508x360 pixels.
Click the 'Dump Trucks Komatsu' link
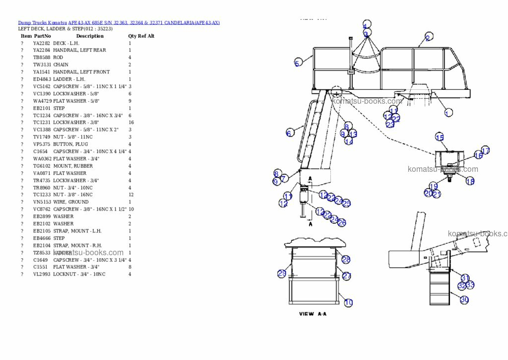(42, 22)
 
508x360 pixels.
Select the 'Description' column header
(90, 36)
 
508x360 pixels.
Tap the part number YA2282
(41, 43)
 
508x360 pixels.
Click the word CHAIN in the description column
(61, 65)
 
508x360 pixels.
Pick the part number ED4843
(41, 79)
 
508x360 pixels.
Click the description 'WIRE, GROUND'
(70, 202)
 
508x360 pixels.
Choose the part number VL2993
(41, 275)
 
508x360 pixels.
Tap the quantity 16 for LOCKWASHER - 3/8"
(131, 123)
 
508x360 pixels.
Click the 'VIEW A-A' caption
(313, 314)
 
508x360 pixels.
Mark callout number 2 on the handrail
(428, 37)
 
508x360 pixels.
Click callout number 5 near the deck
(297, 63)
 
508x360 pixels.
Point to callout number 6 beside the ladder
(289, 133)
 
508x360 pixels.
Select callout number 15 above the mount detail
(439, 137)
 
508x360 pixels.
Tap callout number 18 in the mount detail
(470, 181)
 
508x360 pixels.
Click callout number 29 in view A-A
(281, 274)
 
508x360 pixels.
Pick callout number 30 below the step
(464, 299)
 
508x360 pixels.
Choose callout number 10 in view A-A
(348, 302)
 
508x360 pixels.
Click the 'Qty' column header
(132, 36)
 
